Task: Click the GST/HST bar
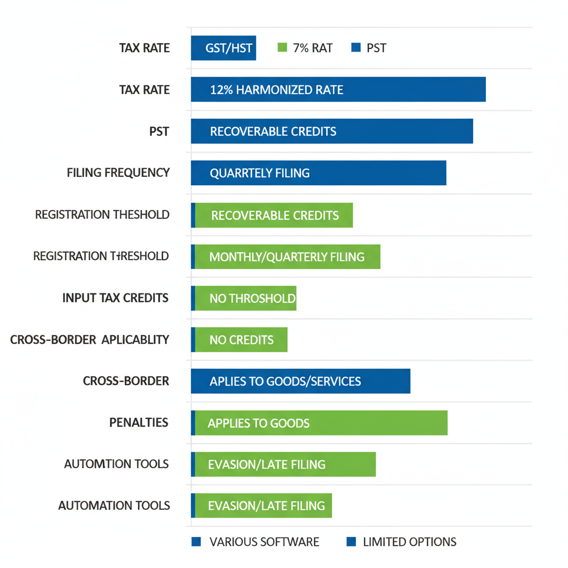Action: tap(224, 48)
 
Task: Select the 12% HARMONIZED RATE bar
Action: tap(338, 89)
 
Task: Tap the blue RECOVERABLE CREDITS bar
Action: tap(332, 131)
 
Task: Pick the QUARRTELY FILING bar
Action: tap(318, 173)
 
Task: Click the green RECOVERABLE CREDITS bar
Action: tap(273, 215)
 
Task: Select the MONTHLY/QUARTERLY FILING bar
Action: tap(287, 256)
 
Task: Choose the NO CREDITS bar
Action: tap(240, 339)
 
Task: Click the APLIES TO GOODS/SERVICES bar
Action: tap(300, 381)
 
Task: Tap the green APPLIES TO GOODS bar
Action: tap(321, 423)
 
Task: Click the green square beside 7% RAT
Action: tap(282, 48)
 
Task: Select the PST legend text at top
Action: tap(376, 48)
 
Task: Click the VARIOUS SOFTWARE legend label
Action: tap(264, 542)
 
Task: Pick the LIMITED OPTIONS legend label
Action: tap(409, 542)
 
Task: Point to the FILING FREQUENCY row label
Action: tap(118, 173)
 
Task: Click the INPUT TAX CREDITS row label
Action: tap(115, 298)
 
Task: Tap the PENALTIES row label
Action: tap(139, 423)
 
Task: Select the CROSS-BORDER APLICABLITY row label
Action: tap(90, 339)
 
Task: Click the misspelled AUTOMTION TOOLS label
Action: tap(116, 464)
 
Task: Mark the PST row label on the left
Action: tap(159, 131)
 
